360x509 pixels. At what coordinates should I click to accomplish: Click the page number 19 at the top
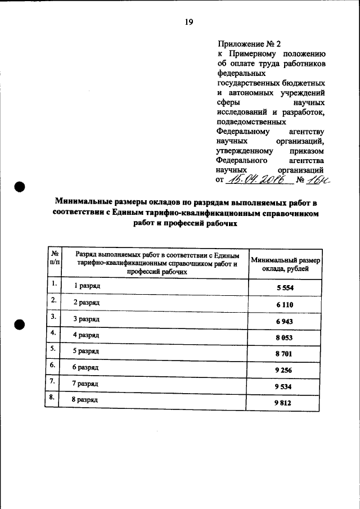click(x=188, y=22)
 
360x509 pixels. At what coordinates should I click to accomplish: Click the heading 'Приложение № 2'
click(x=248, y=43)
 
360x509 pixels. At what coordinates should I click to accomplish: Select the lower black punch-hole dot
click(x=20, y=325)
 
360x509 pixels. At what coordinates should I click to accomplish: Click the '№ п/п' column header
click(x=54, y=258)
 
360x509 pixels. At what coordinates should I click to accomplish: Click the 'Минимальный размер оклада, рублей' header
click(x=285, y=264)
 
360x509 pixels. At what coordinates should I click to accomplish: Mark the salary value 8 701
click(x=285, y=354)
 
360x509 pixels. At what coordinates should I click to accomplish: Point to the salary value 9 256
click(x=285, y=371)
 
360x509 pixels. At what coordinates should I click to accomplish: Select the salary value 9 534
click(x=285, y=387)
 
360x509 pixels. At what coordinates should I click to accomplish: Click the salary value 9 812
click(x=285, y=403)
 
